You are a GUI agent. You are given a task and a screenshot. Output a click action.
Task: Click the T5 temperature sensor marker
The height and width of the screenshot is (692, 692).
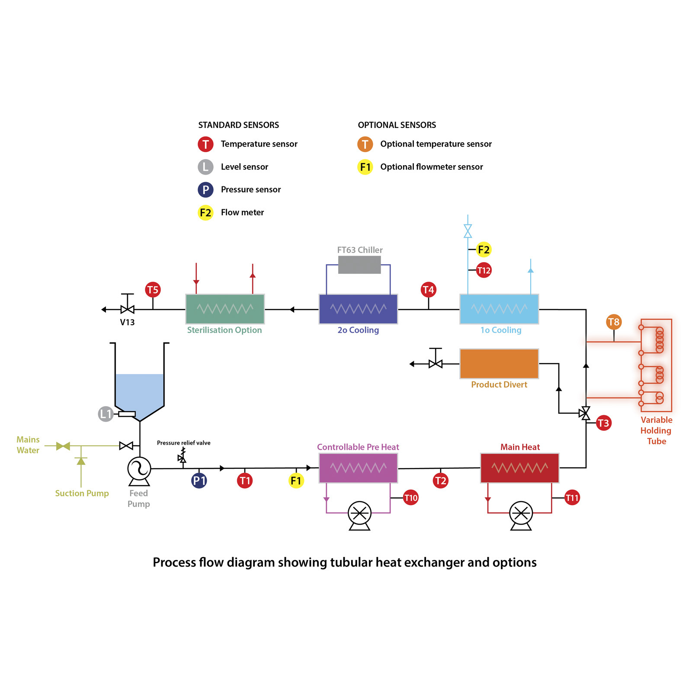[x=153, y=290]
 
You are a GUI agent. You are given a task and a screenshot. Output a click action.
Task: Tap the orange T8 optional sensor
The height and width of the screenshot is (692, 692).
[x=614, y=322]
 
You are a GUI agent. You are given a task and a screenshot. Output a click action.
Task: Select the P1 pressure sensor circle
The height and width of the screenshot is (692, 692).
[x=199, y=481]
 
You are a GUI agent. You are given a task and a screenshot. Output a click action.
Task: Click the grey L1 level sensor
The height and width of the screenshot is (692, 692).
[x=106, y=414]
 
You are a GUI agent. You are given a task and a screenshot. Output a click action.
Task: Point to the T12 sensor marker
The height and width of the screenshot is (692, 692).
[x=484, y=270]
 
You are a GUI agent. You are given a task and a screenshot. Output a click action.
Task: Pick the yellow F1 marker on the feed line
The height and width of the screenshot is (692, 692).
[x=296, y=481]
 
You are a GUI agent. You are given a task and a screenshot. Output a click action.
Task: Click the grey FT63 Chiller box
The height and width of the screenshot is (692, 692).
[x=359, y=265]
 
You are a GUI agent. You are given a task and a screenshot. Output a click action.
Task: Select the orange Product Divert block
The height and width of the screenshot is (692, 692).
[x=499, y=364]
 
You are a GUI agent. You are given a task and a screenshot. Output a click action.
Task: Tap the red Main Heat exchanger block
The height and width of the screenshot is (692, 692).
[x=520, y=468]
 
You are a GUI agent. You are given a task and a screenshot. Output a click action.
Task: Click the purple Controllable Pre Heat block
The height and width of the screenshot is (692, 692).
[x=358, y=468]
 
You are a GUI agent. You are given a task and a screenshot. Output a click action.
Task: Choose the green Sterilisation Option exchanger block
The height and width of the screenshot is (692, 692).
[x=225, y=309]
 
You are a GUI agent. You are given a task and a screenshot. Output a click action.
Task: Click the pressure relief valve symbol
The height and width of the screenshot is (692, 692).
[x=183, y=455]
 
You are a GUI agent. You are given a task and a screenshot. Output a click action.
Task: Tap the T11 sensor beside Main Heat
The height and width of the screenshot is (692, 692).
[x=572, y=498]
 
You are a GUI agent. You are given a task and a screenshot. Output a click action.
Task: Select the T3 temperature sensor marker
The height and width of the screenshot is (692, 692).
[x=603, y=423]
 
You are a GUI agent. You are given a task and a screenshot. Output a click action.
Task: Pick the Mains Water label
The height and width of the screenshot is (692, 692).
[x=28, y=445]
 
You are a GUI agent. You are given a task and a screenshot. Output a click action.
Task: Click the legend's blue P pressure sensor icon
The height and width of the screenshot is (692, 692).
[x=205, y=190]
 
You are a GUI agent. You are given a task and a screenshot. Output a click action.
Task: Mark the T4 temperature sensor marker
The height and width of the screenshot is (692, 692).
[x=428, y=290]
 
